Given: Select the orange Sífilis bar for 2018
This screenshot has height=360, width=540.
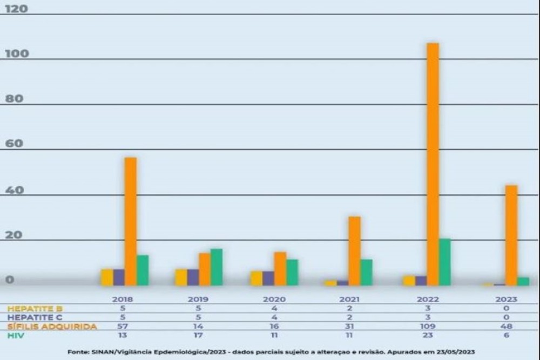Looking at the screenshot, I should (x=131, y=221).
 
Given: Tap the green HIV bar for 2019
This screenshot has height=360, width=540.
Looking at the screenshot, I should (x=216, y=267).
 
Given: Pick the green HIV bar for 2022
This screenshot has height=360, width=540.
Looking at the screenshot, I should (x=444, y=262).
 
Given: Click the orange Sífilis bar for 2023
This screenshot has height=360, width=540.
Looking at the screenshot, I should (x=511, y=235).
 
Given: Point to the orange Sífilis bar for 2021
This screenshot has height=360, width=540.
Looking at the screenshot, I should (x=354, y=250).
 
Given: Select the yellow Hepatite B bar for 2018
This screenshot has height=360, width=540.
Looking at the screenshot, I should (x=107, y=277).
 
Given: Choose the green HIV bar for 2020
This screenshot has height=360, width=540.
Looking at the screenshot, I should (x=292, y=272).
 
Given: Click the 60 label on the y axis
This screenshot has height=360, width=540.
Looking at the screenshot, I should (x=15, y=144).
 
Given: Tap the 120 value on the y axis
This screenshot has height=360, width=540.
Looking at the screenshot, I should (x=16, y=9).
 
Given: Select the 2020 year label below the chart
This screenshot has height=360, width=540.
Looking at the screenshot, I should (x=274, y=299).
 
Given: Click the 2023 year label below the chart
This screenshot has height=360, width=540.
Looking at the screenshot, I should (x=505, y=299).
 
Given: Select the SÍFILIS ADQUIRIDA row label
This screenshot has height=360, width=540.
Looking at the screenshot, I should (x=52, y=327).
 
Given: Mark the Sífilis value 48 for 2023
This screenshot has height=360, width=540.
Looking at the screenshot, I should (x=505, y=327).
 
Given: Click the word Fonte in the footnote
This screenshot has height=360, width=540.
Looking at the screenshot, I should (x=78, y=352).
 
